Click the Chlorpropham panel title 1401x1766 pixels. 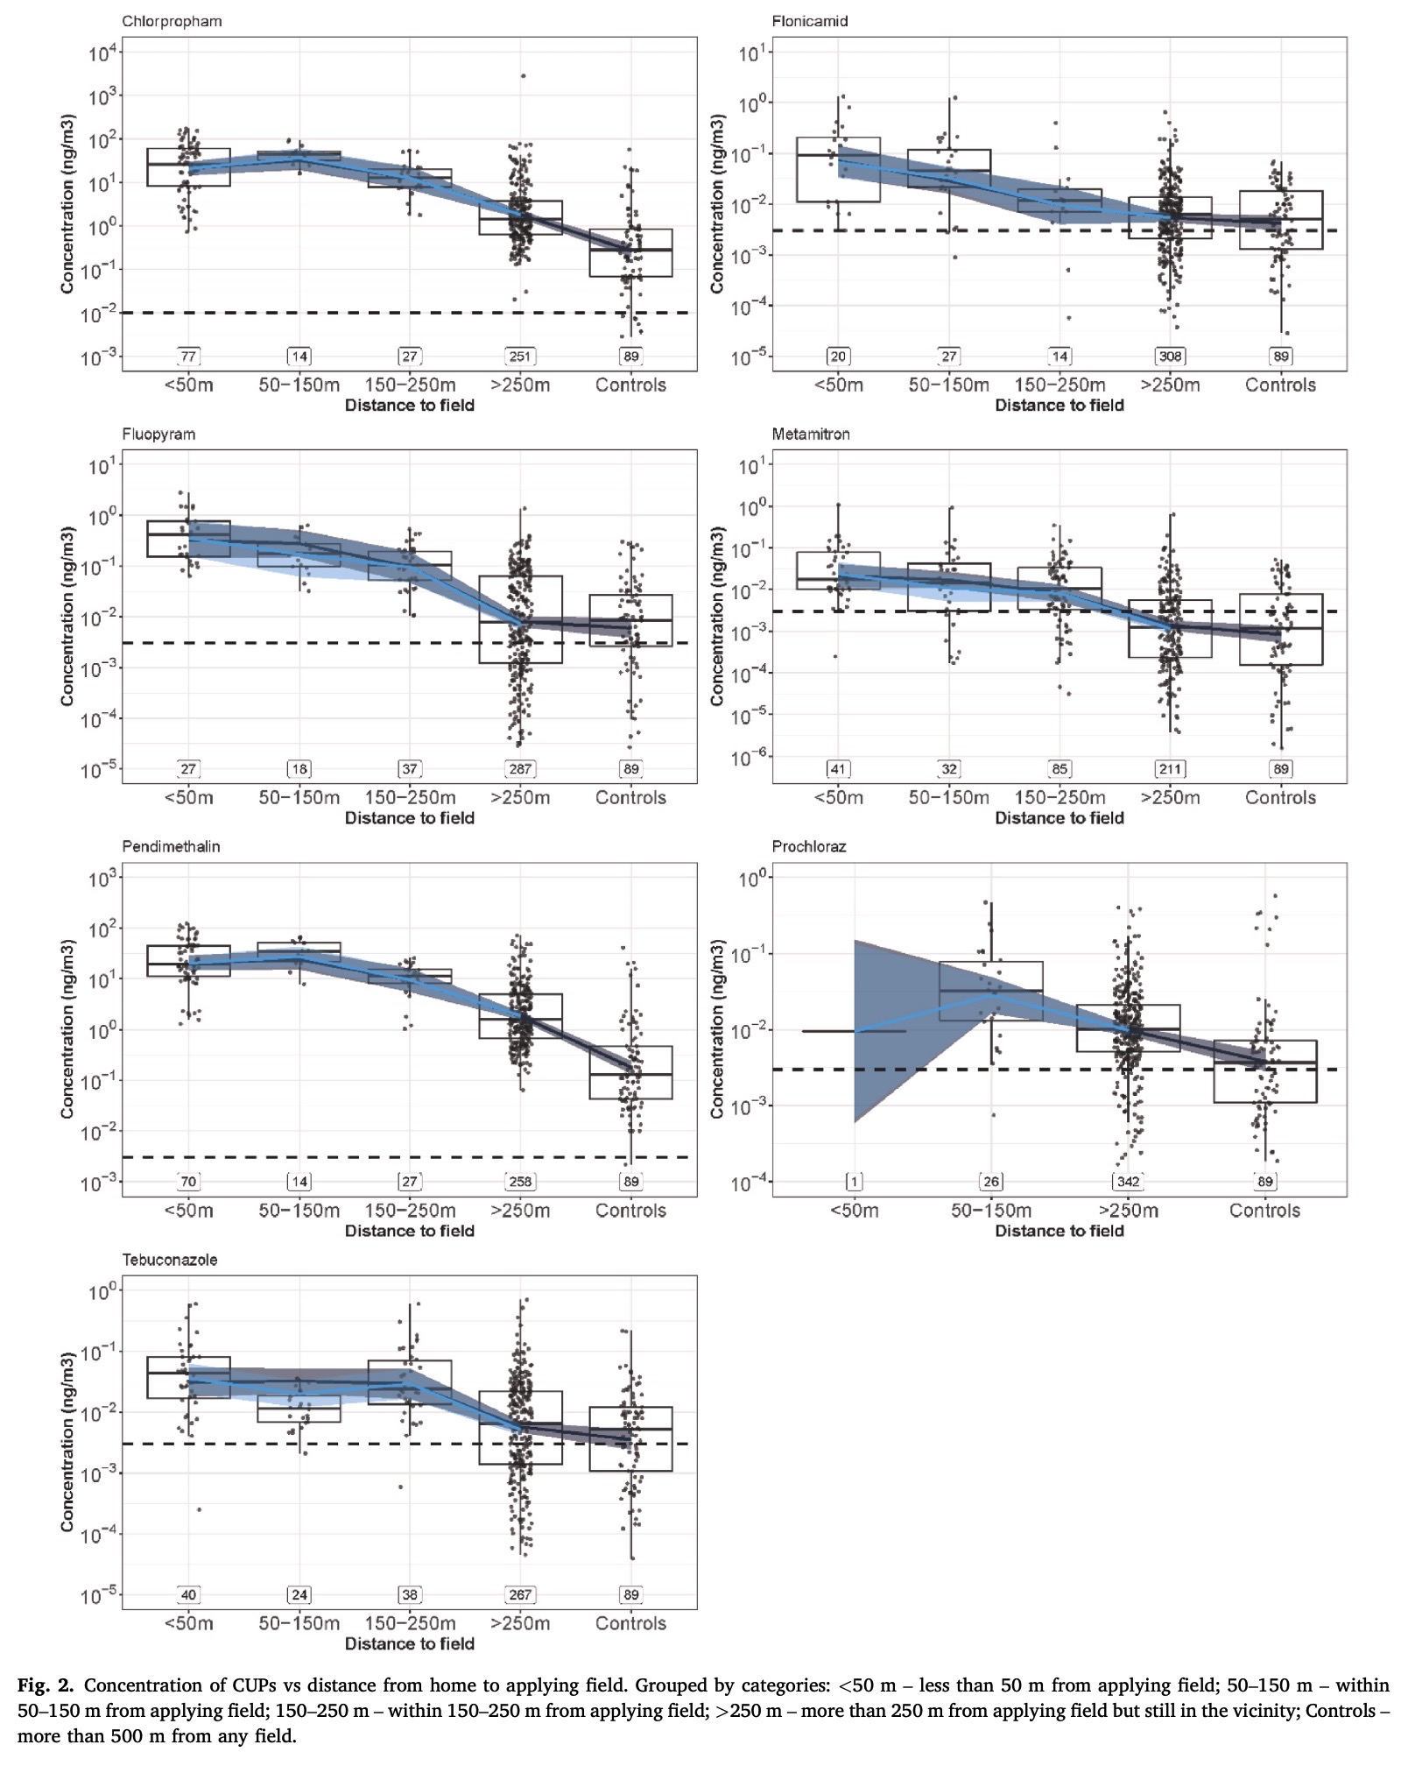pos(172,21)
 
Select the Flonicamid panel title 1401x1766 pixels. pos(810,21)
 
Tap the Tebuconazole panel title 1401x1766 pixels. pos(170,1260)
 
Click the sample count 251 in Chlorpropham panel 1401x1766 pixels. pos(520,357)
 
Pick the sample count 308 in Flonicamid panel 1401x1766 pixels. pos(1170,357)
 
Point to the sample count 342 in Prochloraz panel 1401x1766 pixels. pos(1128,1182)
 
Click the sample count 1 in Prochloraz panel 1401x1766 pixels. pos(854,1182)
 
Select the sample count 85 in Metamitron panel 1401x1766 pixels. pos(1060,769)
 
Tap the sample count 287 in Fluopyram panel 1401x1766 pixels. pos(520,769)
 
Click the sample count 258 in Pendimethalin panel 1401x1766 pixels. pos(520,1182)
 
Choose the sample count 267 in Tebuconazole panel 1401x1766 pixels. pos(520,1595)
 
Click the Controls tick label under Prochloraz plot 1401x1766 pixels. pos(1264,1211)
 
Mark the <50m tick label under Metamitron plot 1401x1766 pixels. pos(838,798)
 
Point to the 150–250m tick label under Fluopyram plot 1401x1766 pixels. pos(410,798)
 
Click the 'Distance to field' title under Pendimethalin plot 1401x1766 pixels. pos(410,1231)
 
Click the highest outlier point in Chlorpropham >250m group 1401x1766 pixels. pos(523,76)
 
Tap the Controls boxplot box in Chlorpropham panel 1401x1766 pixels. pos(630,252)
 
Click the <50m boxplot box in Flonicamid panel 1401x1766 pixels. pos(838,170)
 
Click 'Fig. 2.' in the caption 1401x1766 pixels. pos(46,1685)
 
